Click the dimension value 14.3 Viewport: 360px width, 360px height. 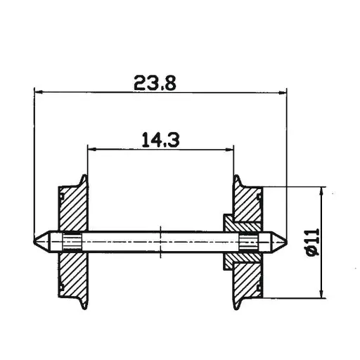click(161, 139)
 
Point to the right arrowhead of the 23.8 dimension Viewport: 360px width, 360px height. click(283, 91)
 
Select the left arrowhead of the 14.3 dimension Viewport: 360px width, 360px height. click(91, 148)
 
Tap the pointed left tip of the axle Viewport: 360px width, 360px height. click(35, 241)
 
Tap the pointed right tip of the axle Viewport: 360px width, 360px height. click(286, 241)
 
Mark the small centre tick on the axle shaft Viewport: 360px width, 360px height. click(161, 241)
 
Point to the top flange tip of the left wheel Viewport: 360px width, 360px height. click(85, 176)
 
